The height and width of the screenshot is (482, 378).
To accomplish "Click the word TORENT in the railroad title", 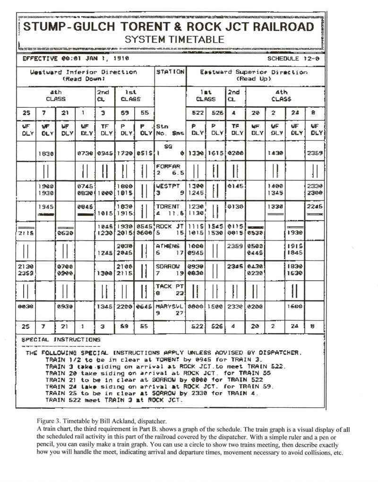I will [155, 26].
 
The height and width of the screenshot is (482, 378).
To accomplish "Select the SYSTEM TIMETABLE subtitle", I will [174, 40].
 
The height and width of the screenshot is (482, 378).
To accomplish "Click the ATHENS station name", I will [168, 246].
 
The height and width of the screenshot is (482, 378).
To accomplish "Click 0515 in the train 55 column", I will [144, 153].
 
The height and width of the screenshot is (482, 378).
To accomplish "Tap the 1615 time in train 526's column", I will [216, 153].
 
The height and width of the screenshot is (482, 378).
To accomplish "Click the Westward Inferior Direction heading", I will [84, 72].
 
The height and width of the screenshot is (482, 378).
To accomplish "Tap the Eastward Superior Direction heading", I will [253, 72].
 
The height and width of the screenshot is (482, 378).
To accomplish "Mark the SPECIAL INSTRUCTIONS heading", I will [61, 339].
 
